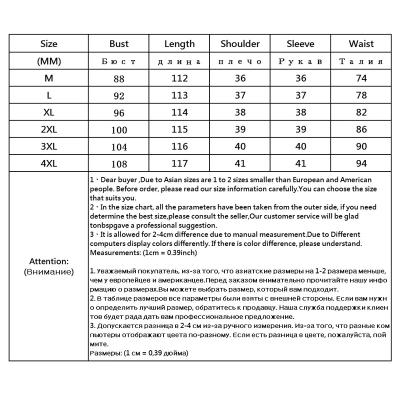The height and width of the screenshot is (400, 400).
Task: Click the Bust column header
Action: tap(119, 44)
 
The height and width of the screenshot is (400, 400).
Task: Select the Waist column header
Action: tap(361, 44)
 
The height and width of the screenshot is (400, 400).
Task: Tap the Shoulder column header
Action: tap(240, 44)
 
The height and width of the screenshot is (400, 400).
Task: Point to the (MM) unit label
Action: tap(48, 61)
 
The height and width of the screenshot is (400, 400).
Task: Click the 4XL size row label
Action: tap(48, 163)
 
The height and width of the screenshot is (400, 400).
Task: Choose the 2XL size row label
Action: tap(48, 129)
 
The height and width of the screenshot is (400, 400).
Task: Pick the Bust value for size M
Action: tap(118, 78)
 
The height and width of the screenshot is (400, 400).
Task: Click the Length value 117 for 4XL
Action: tap(179, 163)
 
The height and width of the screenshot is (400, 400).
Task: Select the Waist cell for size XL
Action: tap(361, 112)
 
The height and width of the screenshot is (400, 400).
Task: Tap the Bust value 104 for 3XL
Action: tap(118, 147)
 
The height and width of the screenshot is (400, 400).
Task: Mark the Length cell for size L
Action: tap(179, 95)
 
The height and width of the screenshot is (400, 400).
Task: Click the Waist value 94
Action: tap(361, 163)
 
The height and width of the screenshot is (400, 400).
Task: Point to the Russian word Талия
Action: tap(361, 61)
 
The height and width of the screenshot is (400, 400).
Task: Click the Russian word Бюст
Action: tap(118, 61)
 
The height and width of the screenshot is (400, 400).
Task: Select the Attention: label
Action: tap(48, 261)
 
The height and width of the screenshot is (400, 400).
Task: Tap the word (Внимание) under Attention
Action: tap(48, 272)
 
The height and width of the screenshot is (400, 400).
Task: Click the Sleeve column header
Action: tap(300, 44)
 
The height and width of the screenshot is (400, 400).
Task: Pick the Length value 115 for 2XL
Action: tap(179, 129)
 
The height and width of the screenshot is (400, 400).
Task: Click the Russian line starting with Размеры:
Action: tap(138, 353)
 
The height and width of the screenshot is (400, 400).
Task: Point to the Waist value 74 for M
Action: tap(361, 78)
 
